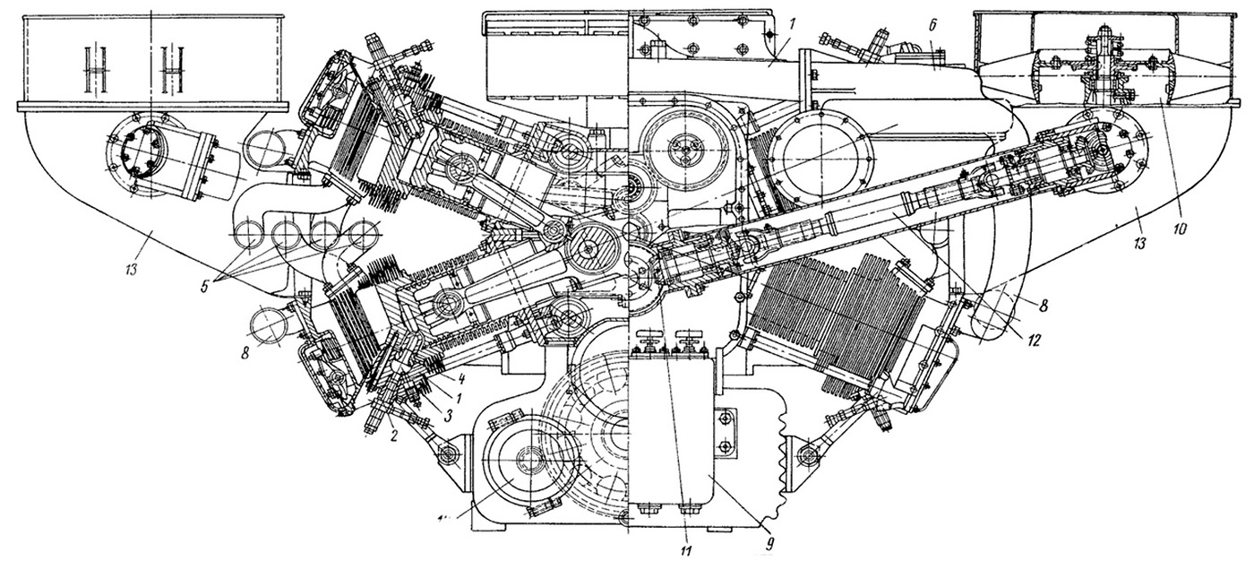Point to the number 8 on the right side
click(1044, 305)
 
